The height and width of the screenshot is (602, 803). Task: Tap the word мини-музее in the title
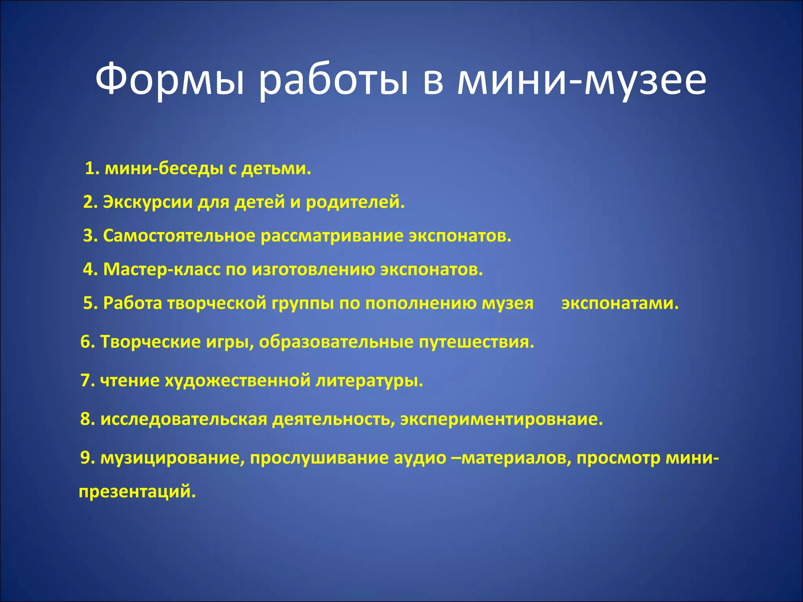[x=582, y=80]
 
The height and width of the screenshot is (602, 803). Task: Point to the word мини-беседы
[x=164, y=169]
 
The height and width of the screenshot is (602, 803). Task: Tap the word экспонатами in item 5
[x=620, y=303]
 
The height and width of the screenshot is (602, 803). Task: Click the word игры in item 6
[x=229, y=342]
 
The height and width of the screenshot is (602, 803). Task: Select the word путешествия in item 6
[x=476, y=342]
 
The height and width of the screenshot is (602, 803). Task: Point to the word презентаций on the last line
[x=137, y=491]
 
